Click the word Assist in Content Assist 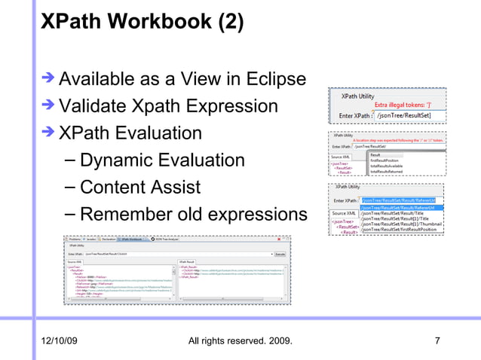coord(174,188)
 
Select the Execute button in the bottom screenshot coord(280,255)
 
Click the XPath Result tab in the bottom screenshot coord(188,263)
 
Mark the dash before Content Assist coord(69,188)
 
